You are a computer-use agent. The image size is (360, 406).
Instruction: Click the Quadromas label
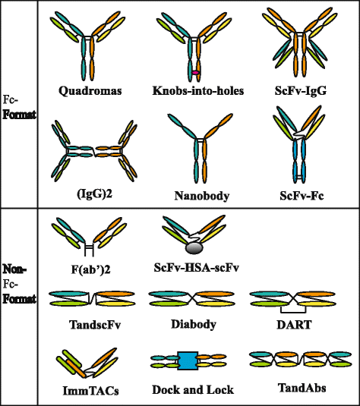(91, 91)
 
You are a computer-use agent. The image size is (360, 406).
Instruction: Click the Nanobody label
(201, 196)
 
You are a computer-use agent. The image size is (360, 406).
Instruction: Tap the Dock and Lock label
(193, 390)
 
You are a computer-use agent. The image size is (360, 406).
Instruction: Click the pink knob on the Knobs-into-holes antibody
(195, 72)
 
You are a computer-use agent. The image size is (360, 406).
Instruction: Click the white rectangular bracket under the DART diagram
(288, 308)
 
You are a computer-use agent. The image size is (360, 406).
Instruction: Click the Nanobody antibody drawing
(201, 148)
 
